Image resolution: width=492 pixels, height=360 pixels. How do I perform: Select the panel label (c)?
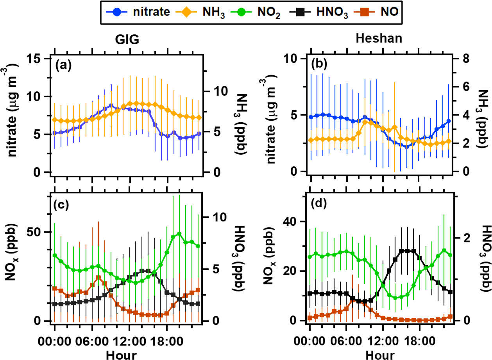[x=62, y=205]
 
